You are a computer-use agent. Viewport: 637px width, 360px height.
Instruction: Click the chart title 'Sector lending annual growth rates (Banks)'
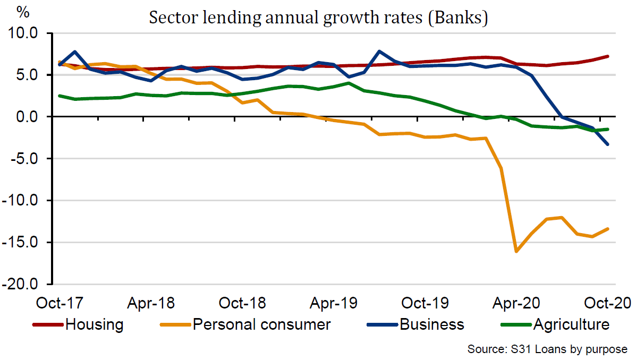coord(318,18)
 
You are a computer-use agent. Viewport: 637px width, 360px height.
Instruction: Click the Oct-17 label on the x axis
coord(60,303)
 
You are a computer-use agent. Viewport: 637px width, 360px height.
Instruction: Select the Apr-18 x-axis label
coord(151,303)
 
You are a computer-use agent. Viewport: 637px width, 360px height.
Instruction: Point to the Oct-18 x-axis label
coord(242,303)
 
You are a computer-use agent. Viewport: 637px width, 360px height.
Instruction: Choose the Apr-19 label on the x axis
coord(333,303)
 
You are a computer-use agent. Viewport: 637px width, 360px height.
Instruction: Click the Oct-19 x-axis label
coord(424,303)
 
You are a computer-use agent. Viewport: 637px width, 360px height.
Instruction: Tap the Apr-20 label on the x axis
coord(516,303)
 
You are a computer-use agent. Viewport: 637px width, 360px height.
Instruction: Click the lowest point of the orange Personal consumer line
coord(516,251)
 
